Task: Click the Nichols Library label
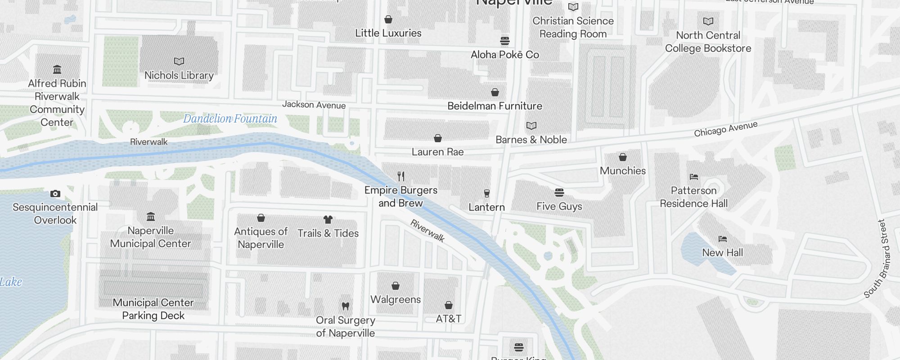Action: click(x=179, y=76)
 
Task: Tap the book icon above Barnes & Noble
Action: click(x=531, y=126)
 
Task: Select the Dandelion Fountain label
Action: click(x=230, y=119)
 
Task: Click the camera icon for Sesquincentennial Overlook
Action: click(x=55, y=194)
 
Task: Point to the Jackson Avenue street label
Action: click(x=314, y=105)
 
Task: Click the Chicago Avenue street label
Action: click(x=725, y=129)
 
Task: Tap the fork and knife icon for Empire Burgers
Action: click(x=401, y=176)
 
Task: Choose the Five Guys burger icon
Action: click(x=559, y=193)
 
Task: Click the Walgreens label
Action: click(x=396, y=300)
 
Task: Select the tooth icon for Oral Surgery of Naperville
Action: click(x=346, y=306)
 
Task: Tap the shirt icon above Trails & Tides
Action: click(x=328, y=220)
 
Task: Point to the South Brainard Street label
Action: click(x=882, y=259)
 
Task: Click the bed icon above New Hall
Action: click(x=722, y=239)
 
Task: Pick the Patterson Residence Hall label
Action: click(x=693, y=197)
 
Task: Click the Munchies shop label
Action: click(x=622, y=171)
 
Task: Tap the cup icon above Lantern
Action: click(x=486, y=193)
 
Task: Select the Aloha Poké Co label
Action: click(x=504, y=55)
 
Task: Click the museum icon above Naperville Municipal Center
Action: click(x=151, y=217)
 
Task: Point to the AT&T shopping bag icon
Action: click(x=449, y=305)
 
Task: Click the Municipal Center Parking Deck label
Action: click(x=153, y=309)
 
